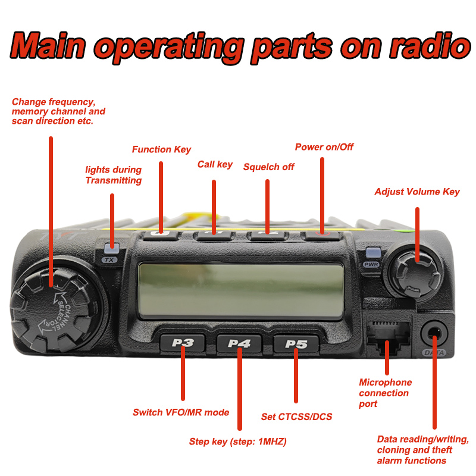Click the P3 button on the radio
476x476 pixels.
point(183,343)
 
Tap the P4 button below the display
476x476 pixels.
point(239,343)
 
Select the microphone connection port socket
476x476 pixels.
point(387,335)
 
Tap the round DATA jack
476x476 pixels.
point(434,331)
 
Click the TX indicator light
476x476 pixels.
point(109,249)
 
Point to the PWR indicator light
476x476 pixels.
point(372,252)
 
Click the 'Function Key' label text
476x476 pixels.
point(161,149)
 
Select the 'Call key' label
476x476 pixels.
point(215,164)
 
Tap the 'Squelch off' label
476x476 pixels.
point(268,167)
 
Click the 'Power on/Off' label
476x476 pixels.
point(324,147)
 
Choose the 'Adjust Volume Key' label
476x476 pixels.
point(416,192)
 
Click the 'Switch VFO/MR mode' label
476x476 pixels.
point(181,412)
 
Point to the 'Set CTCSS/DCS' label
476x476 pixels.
point(296,416)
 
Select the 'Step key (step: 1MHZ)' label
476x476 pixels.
point(242,441)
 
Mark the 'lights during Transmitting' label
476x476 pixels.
point(113,175)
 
